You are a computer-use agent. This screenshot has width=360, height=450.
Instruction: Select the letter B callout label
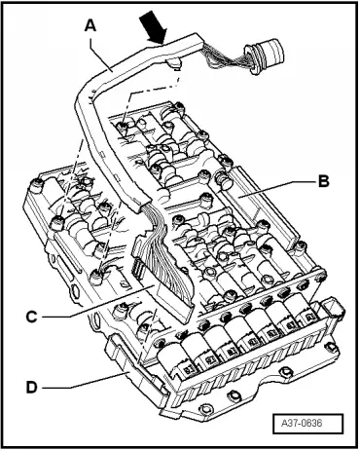pos(324,181)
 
